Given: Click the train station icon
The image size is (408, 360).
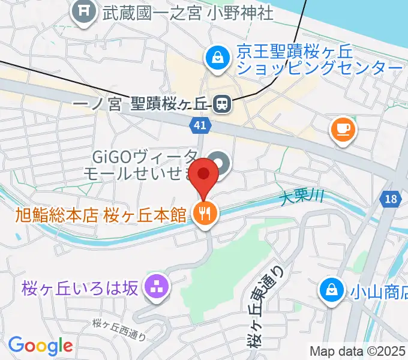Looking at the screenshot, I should tap(221, 104).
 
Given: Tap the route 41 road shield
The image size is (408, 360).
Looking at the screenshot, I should tap(200, 125).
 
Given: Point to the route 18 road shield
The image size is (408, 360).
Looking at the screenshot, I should tap(391, 199).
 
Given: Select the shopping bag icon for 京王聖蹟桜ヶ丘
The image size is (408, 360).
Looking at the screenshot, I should tap(215, 58).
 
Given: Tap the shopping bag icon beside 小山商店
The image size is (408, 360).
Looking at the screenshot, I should tap(330, 290).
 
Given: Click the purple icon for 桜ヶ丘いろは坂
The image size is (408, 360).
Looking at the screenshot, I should tap(157, 287).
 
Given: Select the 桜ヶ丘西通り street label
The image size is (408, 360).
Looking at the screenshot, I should tap(119, 329).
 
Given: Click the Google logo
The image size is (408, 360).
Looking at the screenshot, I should tap(40, 346).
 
